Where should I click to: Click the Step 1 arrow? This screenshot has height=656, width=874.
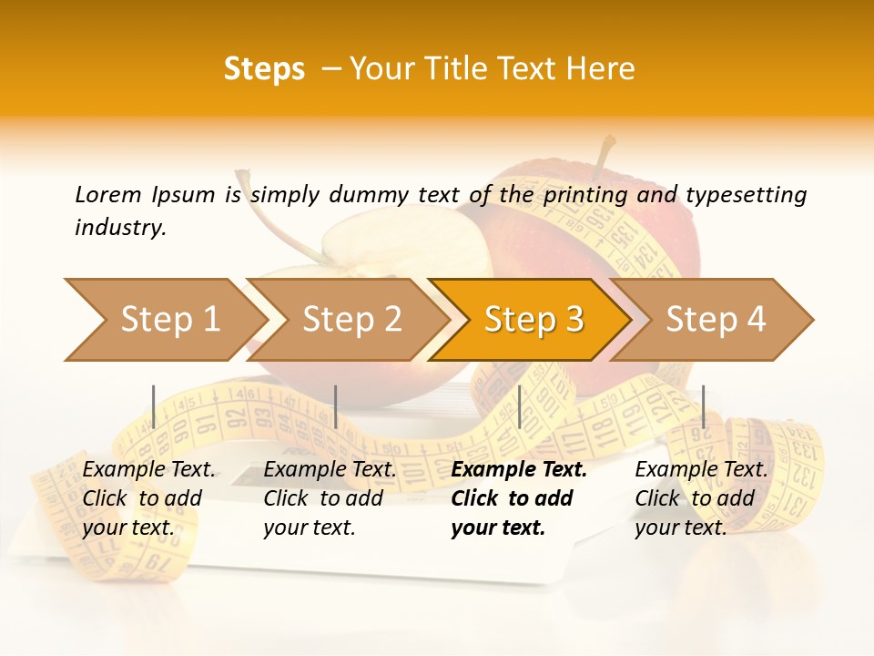point(164,320)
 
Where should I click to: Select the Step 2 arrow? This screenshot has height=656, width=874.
point(351,320)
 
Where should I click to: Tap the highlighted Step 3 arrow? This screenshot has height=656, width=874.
point(534,320)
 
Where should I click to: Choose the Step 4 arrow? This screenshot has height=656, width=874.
point(716,320)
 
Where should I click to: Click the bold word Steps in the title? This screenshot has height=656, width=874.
point(264,69)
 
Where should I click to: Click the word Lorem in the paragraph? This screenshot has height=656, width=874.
point(107,194)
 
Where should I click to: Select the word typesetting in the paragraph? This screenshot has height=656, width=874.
point(746,195)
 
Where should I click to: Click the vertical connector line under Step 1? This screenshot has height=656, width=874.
point(154,406)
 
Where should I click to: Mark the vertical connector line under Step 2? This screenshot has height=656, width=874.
point(336,406)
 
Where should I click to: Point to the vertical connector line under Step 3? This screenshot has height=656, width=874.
point(519,406)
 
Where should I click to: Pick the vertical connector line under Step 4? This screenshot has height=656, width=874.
point(703,406)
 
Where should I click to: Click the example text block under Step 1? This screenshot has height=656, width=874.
point(148,498)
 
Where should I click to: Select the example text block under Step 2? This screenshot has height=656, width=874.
point(330,498)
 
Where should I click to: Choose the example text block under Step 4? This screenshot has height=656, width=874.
point(701,498)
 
